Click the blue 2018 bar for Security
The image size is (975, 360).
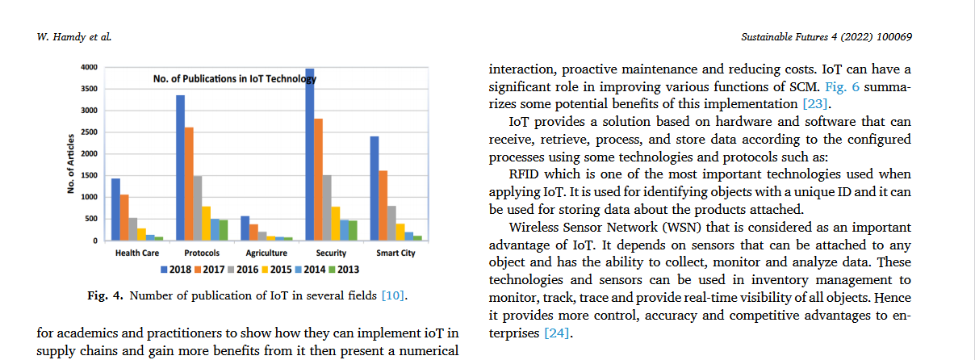coord(310,154)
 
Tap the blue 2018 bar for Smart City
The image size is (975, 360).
coord(375,188)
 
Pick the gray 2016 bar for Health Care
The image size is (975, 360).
coord(133,228)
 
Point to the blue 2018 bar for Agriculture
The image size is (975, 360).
coord(245,228)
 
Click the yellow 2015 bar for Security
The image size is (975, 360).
coord(335,224)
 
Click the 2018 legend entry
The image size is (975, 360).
coord(174,268)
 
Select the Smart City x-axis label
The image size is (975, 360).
coord(395,253)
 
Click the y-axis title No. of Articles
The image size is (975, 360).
coord(71,163)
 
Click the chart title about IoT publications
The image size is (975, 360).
coord(235,79)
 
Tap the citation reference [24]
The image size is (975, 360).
coord(558,333)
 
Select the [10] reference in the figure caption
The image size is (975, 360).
coord(393,296)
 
